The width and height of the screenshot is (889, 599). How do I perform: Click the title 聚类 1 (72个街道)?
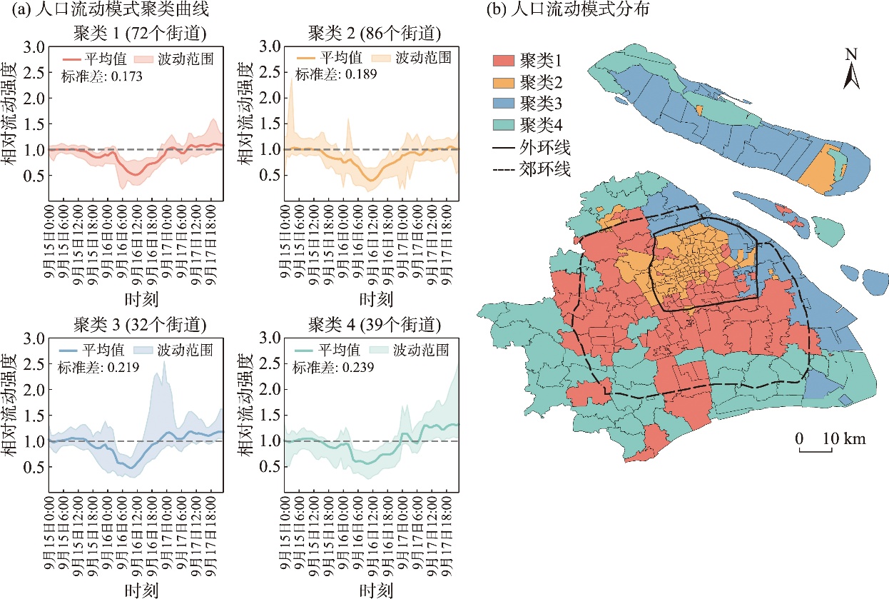point(140,34)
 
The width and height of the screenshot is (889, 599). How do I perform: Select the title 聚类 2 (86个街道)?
point(375,34)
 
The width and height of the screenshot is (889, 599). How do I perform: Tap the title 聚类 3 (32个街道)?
point(140,325)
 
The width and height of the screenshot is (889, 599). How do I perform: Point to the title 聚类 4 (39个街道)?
point(375,325)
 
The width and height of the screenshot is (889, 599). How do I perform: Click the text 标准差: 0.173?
point(101,76)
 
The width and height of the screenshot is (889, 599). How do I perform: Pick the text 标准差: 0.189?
point(336,74)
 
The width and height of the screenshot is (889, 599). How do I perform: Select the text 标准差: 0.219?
point(98,368)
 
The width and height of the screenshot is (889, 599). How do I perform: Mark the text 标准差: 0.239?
point(333,368)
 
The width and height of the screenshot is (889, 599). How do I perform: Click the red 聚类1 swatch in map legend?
point(504,61)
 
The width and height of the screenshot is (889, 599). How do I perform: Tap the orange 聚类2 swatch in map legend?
point(504,83)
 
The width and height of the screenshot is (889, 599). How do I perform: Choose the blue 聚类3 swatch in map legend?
point(504,104)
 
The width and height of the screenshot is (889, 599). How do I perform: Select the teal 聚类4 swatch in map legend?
point(504,125)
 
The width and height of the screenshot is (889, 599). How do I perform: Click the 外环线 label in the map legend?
point(545,147)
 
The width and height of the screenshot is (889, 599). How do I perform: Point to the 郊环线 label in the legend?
point(545,169)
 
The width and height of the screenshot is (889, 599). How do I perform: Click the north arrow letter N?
point(851,54)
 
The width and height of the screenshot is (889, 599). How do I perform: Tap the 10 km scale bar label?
point(844,438)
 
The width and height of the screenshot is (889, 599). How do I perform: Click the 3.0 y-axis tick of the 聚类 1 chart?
point(34,47)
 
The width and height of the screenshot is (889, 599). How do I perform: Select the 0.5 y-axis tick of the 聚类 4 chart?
point(270,467)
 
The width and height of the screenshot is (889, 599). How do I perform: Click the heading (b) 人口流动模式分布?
point(567,9)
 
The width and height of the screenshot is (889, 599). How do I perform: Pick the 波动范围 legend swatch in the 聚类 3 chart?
point(143,351)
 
